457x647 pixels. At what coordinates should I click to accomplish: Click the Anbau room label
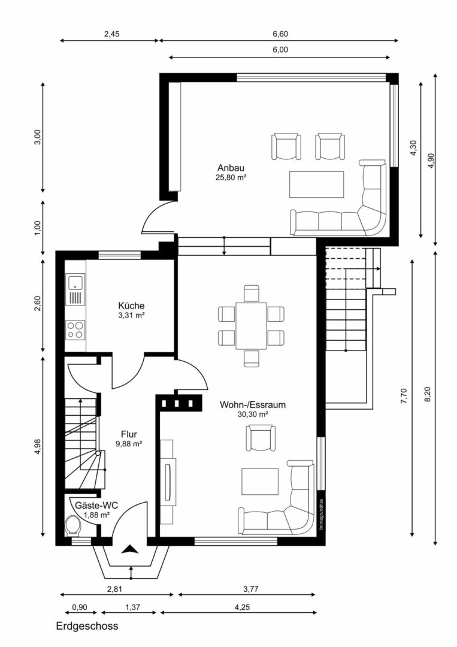coord(231,168)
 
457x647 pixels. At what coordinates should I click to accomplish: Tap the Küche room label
coord(131,306)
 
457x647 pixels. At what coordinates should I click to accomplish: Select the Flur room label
coord(129,434)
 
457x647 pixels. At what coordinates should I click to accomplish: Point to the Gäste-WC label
coord(96,505)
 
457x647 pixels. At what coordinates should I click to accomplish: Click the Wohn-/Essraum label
coord(252,405)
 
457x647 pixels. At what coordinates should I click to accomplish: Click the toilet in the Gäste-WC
coord(73,525)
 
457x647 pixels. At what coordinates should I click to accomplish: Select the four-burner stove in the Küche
coord(75,330)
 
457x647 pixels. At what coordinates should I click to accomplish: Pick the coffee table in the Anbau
coord(316,185)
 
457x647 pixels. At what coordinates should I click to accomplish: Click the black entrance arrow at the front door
coord(131,549)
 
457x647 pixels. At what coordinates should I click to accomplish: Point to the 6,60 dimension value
coord(280,34)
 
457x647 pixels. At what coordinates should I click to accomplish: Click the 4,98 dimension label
coord(38,446)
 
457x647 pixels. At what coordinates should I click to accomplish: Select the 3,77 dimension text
coord(251,589)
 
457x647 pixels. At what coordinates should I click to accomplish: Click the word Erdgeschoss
coord(87,626)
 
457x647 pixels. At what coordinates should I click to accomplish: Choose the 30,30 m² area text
coord(253,415)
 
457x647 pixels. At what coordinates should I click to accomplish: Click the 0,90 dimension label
coord(80,607)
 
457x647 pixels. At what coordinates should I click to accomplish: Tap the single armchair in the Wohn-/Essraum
coord(261,438)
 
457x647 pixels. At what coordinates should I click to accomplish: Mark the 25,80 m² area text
coord(231,178)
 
